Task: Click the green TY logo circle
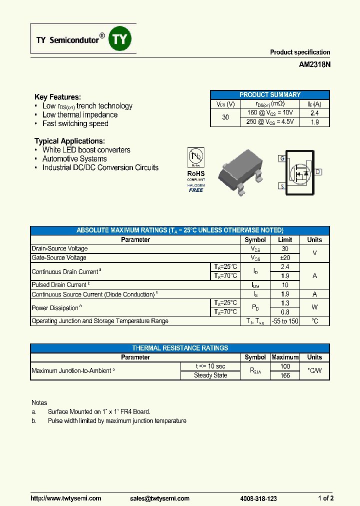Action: tap(120, 39)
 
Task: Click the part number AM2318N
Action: tap(314, 64)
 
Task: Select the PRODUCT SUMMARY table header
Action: tap(269, 94)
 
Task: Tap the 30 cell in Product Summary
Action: tap(225, 117)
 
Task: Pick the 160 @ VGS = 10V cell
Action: tap(270, 113)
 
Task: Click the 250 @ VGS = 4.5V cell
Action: tap(270, 121)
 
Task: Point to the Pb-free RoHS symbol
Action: tap(196, 157)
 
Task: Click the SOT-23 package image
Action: tap(240, 170)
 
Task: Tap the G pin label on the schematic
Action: tap(282, 158)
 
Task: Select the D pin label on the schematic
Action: tap(318, 172)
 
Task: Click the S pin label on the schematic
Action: tap(282, 186)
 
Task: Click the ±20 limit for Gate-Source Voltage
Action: tap(284, 258)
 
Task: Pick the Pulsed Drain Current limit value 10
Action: tap(284, 285)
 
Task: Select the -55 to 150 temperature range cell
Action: tap(284, 321)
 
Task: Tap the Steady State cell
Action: tap(210, 375)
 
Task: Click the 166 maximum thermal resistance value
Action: tap(284, 375)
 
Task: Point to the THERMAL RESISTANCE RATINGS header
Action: tap(180, 348)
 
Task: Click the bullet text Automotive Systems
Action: tap(74, 158)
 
